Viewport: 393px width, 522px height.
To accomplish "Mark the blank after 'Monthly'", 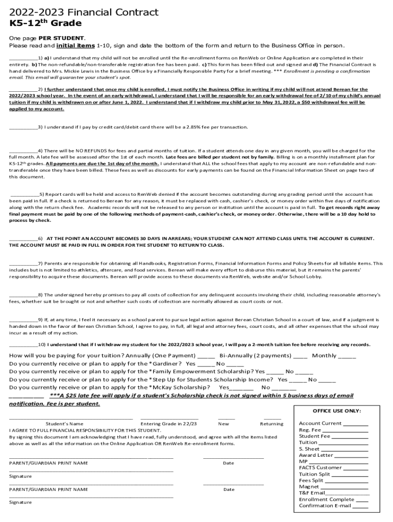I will click(x=347, y=356).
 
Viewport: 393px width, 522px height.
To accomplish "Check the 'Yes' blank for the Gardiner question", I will click(x=206, y=364).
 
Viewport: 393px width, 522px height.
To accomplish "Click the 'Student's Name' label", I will click(x=64, y=424).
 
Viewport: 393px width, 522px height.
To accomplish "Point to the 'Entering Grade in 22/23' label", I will click(x=168, y=424).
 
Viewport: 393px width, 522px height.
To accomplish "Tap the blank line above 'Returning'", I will click(x=272, y=418).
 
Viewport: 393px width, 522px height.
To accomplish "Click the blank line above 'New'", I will click(x=226, y=418).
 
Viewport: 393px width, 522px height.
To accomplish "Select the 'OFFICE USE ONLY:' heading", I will click(x=336, y=411).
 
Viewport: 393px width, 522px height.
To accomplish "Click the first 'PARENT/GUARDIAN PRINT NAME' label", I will click(x=48, y=463).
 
